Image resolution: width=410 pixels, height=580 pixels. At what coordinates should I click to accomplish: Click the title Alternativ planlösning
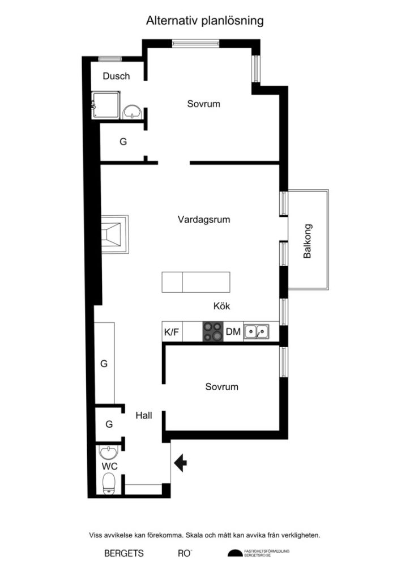(205, 21)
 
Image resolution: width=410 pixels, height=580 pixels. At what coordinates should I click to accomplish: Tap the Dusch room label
(116, 76)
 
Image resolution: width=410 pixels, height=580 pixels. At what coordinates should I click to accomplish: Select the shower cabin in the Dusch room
(105, 105)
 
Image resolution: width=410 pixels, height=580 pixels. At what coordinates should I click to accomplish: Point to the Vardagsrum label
(204, 220)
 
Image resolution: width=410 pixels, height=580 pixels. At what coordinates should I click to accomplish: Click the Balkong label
(308, 241)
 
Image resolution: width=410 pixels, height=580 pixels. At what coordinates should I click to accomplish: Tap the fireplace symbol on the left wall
(116, 233)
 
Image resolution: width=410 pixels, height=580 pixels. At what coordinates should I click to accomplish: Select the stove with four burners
(213, 332)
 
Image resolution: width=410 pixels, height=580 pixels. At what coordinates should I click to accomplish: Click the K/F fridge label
(172, 332)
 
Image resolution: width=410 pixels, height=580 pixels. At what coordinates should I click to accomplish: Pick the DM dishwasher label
(233, 332)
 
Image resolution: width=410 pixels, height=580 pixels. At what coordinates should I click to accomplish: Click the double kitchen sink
(257, 332)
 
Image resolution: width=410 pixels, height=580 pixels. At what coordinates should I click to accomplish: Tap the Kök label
(222, 306)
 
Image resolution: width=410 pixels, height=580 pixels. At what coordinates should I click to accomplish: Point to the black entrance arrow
(181, 463)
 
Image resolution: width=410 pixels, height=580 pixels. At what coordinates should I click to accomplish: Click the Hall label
(144, 415)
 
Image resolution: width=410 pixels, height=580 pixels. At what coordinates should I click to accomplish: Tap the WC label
(109, 466)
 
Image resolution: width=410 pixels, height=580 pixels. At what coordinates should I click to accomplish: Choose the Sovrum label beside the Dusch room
(204, 104)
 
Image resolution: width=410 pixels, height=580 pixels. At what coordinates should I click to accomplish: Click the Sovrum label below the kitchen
(222, 387)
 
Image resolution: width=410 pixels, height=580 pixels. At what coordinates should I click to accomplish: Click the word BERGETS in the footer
(124, 553)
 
